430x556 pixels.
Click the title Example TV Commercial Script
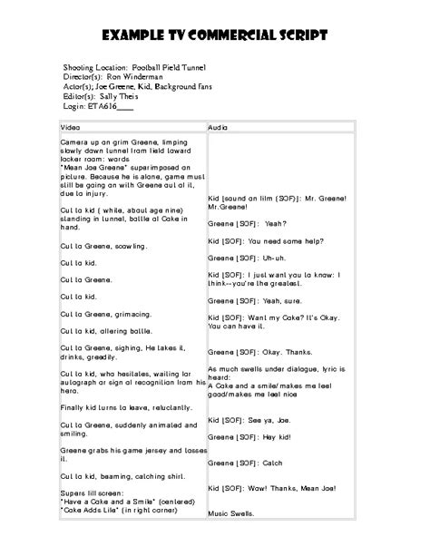click(214, 35)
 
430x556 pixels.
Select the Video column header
click(70, 127)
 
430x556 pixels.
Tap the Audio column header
click(218, 127)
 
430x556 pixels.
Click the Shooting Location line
click(135, 68)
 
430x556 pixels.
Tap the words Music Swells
click(231, 514)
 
